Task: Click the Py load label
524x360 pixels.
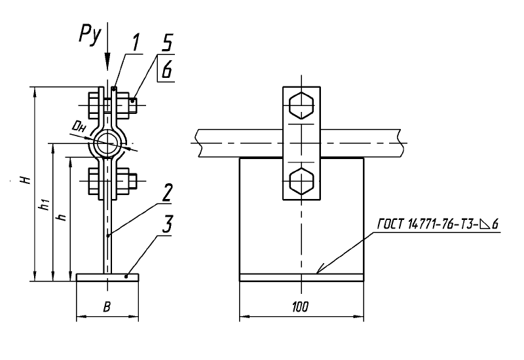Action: (90, 34)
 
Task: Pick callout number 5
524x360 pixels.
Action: (167, 43)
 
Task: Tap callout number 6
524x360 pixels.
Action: (167, 69)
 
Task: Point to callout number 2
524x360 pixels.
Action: (166, 192)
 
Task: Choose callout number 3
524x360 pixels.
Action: (167, 224)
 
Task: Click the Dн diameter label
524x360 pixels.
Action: (79, 127)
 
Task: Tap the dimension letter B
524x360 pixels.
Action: (107, 307)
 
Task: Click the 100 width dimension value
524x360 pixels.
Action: (301, 306)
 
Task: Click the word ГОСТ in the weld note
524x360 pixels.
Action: (391, 224)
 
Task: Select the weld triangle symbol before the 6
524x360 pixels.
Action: (484, 225)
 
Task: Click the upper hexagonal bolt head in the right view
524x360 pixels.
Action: (302, 105)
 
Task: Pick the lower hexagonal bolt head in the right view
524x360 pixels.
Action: (302, 181)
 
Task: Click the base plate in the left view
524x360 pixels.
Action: (107, 277)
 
